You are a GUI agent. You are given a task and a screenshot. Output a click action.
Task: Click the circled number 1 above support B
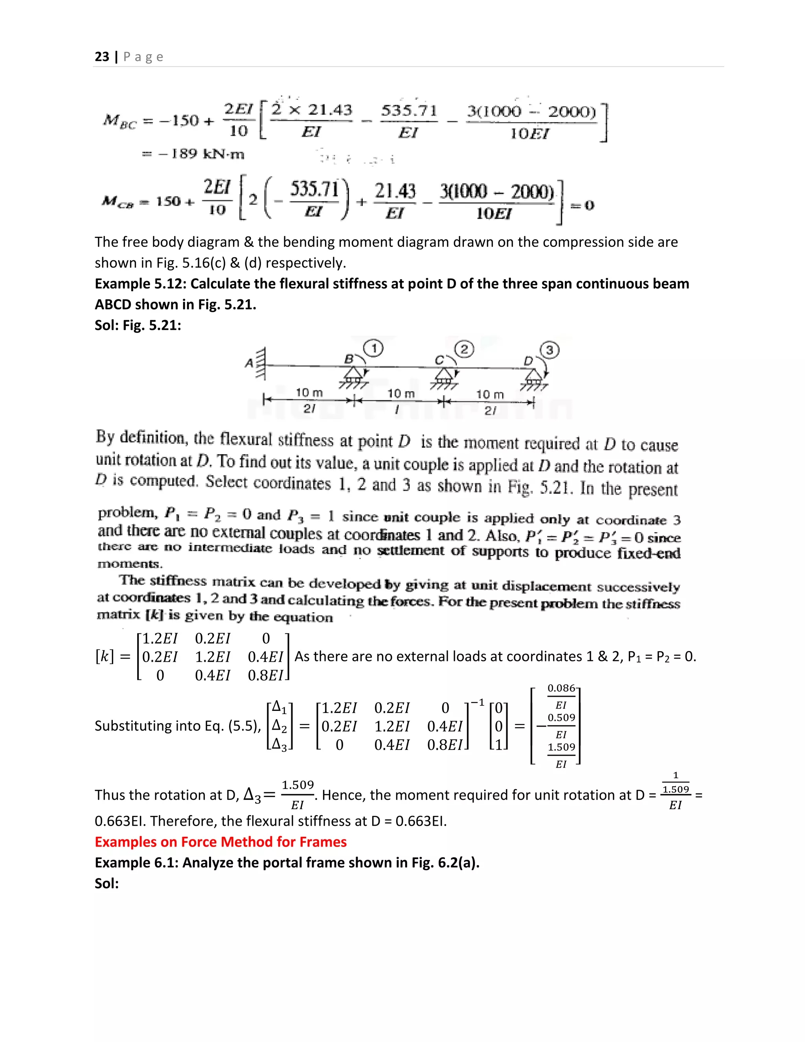tap(374, 349)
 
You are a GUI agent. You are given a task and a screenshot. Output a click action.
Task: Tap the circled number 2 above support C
tap(464, 349)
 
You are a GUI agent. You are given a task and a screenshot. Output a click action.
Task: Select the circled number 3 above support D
tap(550, 351)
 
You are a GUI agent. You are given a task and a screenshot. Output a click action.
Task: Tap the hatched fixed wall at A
tap(260, 364)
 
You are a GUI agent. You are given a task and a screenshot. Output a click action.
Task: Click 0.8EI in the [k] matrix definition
tap(266, 676)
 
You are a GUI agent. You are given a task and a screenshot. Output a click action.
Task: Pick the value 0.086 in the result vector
tap(561, 689)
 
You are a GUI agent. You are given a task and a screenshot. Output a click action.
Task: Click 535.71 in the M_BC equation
tap(409, 111)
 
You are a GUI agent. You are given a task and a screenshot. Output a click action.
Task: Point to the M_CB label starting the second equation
tap(117, 202)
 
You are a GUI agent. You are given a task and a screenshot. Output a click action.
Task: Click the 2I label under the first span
tap(309, 409)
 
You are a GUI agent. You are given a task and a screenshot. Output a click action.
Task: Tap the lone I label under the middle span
tap(396, 409)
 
